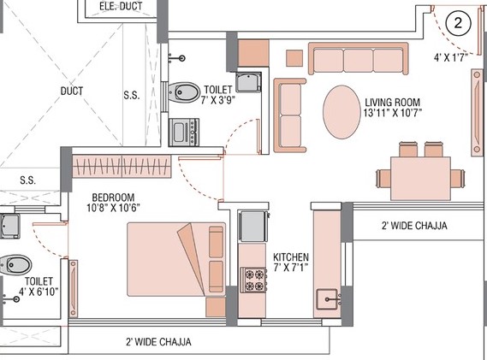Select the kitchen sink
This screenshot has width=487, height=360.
(326, 299)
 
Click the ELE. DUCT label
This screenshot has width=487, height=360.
(120, 7)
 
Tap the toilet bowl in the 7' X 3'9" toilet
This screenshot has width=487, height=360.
(181, 92)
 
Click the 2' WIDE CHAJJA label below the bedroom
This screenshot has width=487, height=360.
(158, 341)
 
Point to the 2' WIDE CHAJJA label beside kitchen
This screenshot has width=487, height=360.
(414, 226)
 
